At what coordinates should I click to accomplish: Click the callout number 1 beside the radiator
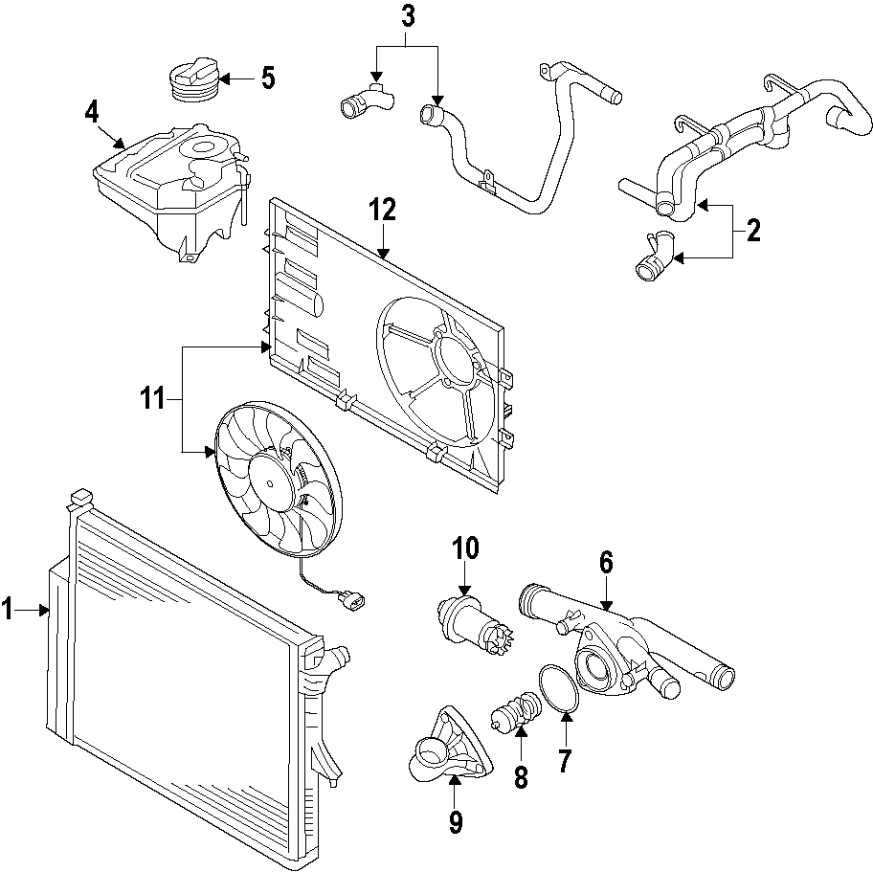coord(9,609)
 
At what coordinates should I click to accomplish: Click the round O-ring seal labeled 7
coord(558,690)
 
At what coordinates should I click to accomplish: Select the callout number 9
coord(456,820)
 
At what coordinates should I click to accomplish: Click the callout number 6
coord(606,563)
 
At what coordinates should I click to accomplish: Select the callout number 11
coord(154,397)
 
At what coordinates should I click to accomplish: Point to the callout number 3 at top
coord(408,16)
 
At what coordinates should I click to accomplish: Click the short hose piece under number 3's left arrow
coord(363,101)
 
